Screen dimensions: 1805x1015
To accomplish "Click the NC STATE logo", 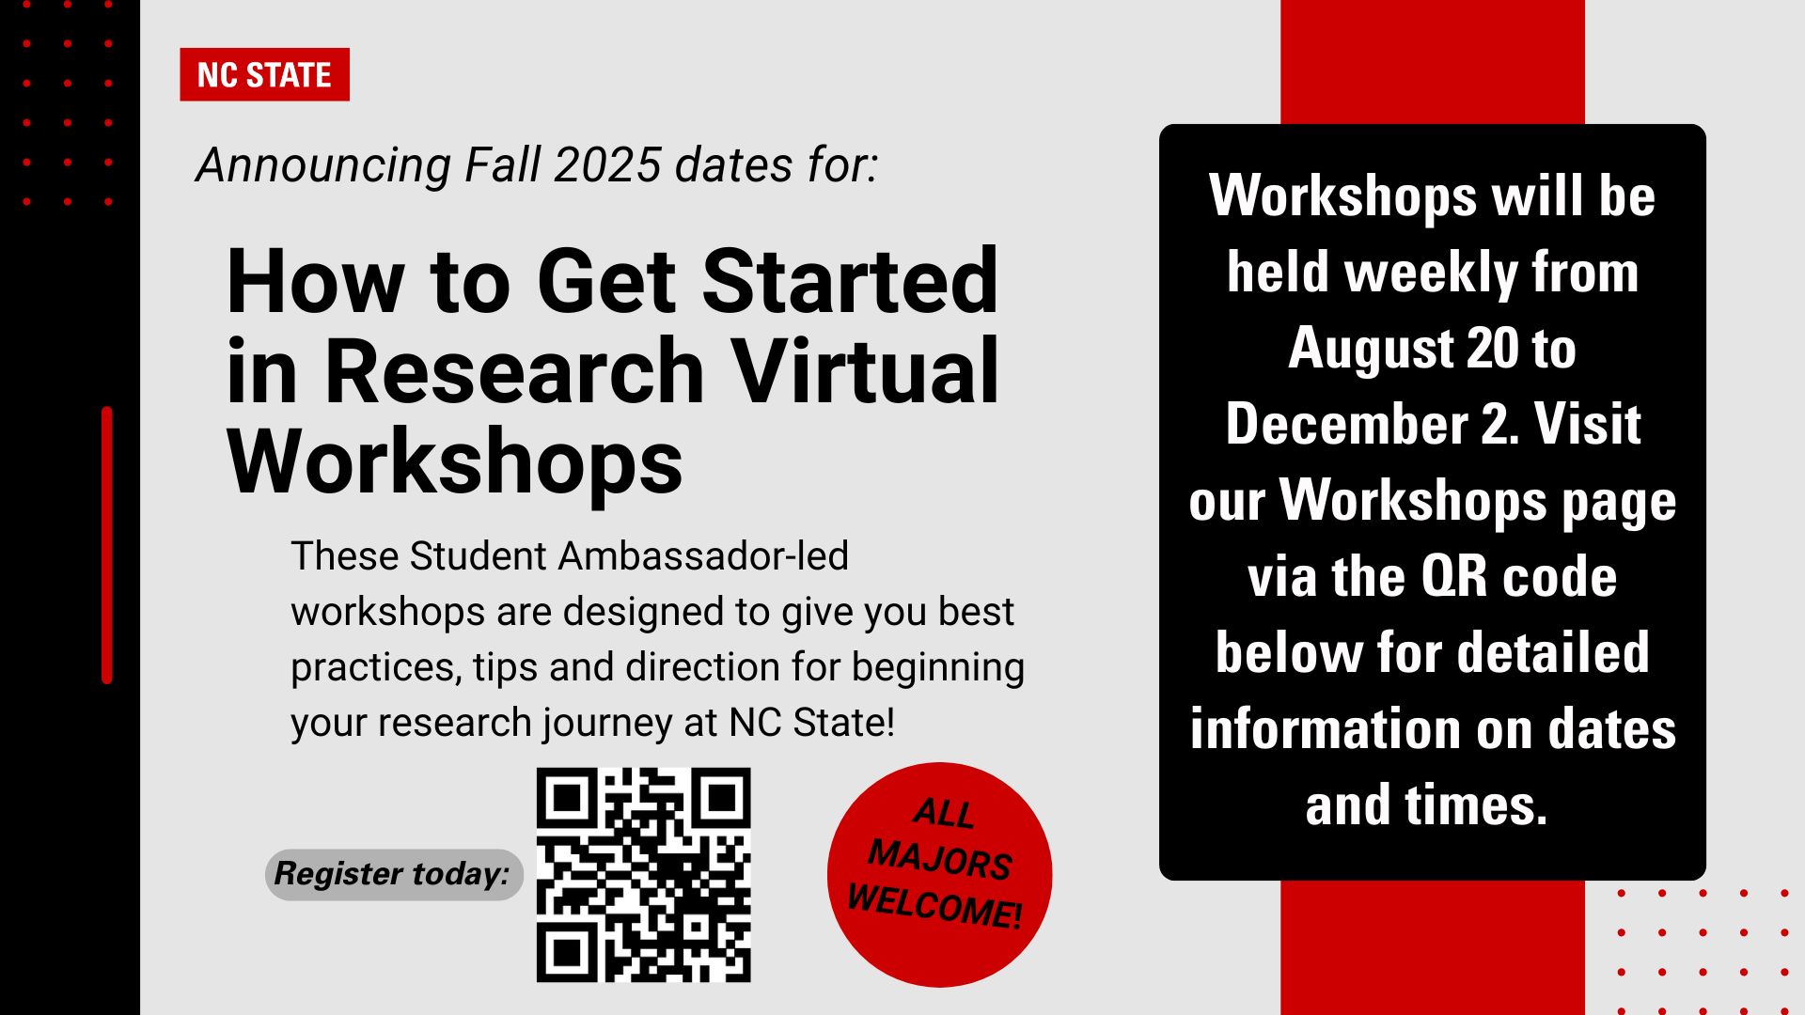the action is (264, 74).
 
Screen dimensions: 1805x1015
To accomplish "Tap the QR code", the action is (643, 875).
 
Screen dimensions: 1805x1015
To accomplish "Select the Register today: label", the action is (393, 874).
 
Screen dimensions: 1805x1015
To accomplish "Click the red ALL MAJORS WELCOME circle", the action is (939, 874).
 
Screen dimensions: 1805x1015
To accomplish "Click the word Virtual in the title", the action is (865, 372).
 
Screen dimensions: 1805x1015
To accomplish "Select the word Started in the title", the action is (850, 281).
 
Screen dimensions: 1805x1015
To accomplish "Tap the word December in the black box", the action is (1347, 425).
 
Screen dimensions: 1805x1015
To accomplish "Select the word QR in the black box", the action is (1453, 577).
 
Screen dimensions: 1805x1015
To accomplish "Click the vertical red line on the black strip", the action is (106, 545).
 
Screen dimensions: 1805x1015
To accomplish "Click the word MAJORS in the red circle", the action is (939, 859).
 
